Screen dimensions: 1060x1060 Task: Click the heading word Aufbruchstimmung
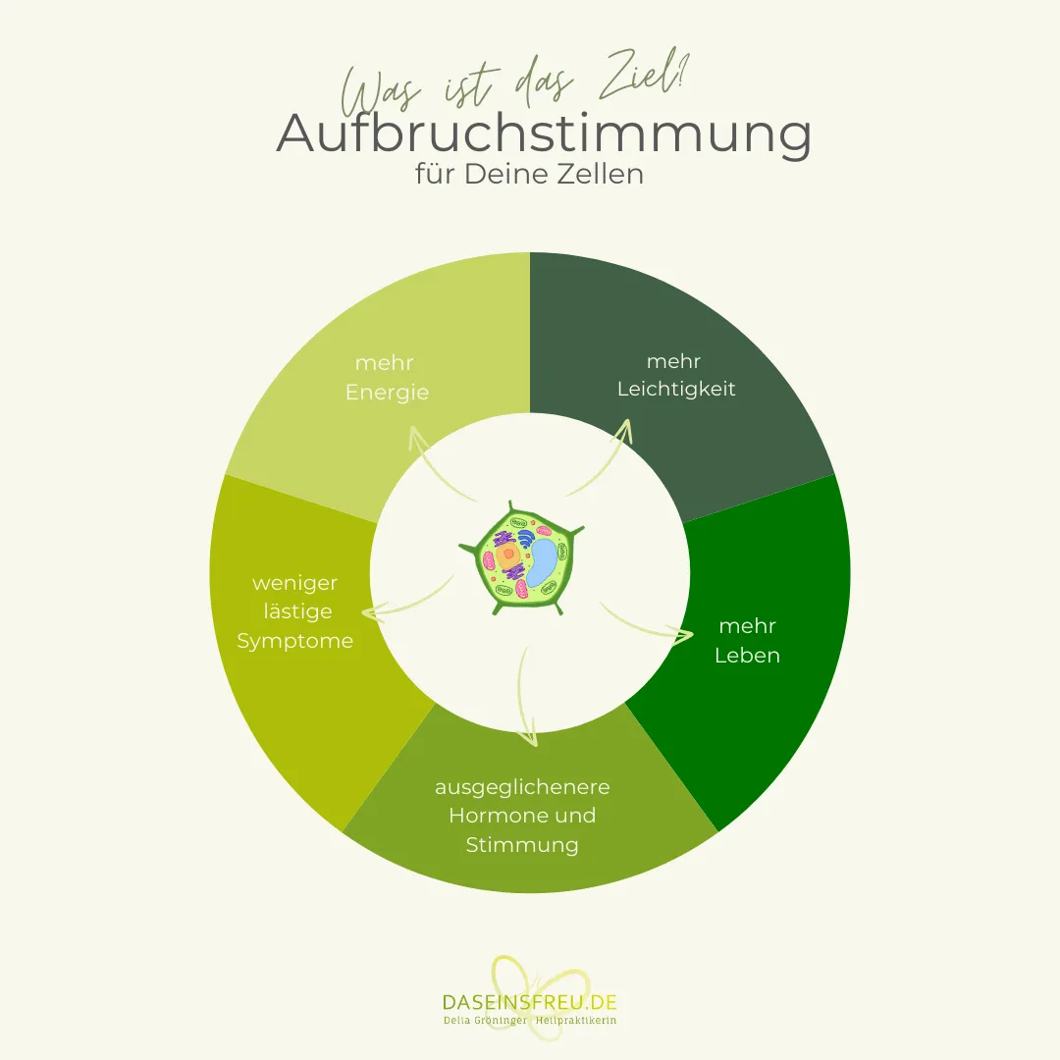pyautogui.click(x=544, y=133)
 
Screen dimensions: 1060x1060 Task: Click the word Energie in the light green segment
pyautogui.click(x=388, y=393)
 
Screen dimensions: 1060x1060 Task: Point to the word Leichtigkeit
pyautogui.click(x=676, y=390)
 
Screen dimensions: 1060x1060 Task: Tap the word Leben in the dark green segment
pyautogui.click(x=747, y=655)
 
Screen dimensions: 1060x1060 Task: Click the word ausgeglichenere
pyautogui.click(x=522, y=787)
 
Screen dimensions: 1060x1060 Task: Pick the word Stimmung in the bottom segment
pyautogui.click(x=522, y=845)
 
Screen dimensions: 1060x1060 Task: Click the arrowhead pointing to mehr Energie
pyautogui.click(x=418, y=438)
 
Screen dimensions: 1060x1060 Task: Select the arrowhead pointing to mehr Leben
pyautogui.click(x=681, y=635)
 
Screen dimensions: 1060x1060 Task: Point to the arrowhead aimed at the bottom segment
pyautogui.click(x=528, y=737)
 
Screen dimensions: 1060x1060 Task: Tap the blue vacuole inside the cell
pyautogui.click(x=543, y=561)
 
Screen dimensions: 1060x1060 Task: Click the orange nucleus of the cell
pyautogui.click(x=507, y=556)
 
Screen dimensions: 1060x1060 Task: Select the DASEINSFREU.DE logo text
pyautogui.click(x=529, y=1002)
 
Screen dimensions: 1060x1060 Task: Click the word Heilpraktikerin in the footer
pyautogui.click(x=576, y=1020)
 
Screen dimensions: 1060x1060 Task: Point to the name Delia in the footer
pyautogui.click(x=456, y=1020)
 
